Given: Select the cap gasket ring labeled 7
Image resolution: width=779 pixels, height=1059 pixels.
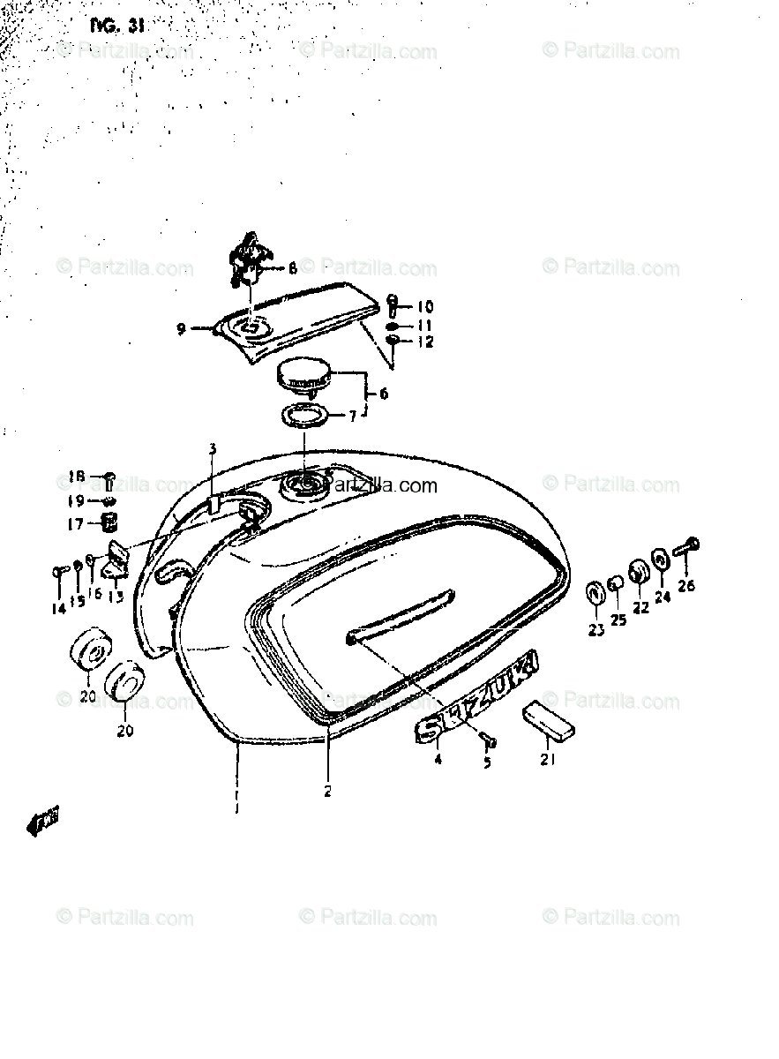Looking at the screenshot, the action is coord(304,414).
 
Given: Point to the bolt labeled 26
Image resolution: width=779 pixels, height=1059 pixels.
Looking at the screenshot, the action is coord(686,546).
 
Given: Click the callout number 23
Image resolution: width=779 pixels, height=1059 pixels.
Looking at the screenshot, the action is coord(596,630).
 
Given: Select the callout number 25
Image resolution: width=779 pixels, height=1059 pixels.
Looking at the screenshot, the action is coord(618,620).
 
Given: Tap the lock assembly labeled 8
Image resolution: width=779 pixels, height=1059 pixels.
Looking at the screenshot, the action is coord(246,261).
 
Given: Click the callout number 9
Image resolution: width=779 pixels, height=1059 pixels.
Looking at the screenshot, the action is coord(180,329).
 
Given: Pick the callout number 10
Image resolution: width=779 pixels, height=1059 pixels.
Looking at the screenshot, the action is coord(425,307).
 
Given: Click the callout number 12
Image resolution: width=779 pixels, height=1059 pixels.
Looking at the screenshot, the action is coord(425,342).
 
